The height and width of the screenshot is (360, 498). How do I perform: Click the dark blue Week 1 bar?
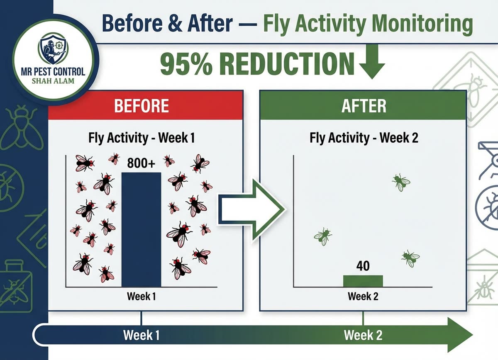pyautogui.click(x=141, y=229)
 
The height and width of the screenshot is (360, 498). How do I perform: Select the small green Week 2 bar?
pyautogui.click(x=363, y=281)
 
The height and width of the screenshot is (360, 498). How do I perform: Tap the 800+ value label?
pyautogui.click(x=141, y=163)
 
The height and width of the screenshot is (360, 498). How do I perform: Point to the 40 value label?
pyautogui.click(x=363, y=266)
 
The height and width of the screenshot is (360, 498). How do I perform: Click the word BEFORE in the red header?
pyautogui.click(x=142, y=106)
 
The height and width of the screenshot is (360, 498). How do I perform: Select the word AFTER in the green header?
pyautogui.click(x=364, y=106)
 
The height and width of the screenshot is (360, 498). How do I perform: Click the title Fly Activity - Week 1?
pyautogui.click(x=142, y=138)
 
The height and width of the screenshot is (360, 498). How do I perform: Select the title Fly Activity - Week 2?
pyautogui.click(x=364, y=138)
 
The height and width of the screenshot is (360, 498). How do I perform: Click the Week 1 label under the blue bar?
pyautogui.click(x=141, y=297)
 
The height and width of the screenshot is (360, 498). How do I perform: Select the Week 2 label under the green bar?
pyautogui.click(x=363, y=297)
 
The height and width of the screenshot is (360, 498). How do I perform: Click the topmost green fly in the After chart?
pyautogui.click(x=401, y=182)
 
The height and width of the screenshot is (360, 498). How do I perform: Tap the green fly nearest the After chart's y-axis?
pyautogui.click(x=322, y=236)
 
